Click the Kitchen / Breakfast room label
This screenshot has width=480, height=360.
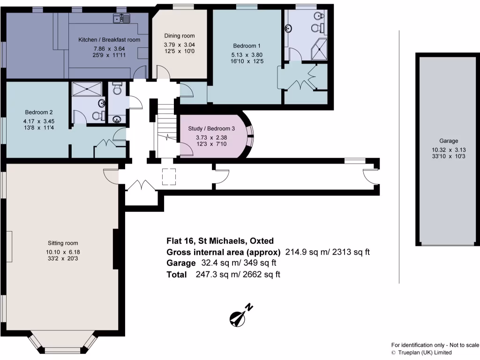[109, 40]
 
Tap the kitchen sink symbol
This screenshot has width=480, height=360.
[122, 18]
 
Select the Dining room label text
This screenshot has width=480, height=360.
[179, 36]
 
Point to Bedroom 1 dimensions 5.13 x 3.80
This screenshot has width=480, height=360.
[247, 53]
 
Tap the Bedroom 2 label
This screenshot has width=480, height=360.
[38, 112]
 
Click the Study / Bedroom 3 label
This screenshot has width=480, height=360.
[211, 128]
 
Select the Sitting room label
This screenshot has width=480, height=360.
[62, 243]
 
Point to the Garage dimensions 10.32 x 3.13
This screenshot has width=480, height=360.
[449, 150]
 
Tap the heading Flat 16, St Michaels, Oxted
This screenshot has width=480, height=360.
[220, 241]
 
